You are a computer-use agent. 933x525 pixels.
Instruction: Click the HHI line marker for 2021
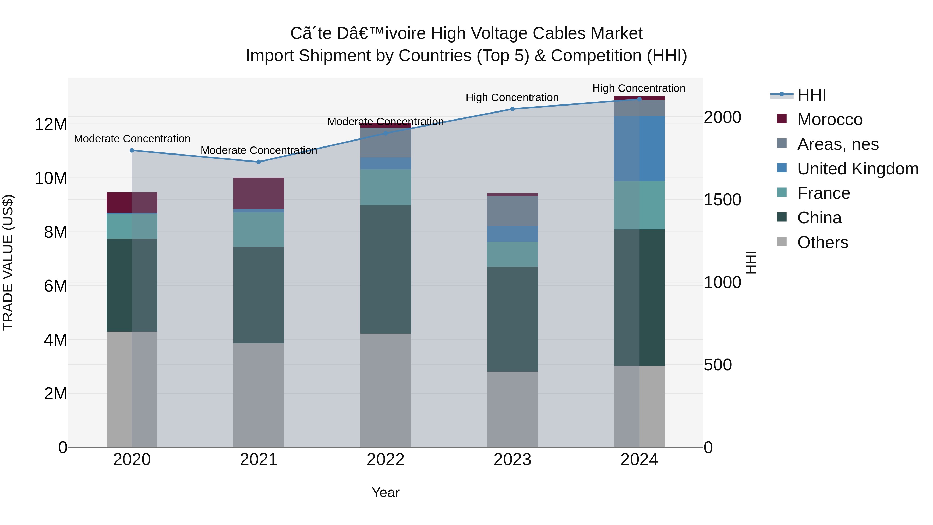pos(259,162)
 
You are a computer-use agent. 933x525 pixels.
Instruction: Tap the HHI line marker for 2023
pos(512,109)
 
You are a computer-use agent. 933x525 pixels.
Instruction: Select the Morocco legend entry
pos(829,120)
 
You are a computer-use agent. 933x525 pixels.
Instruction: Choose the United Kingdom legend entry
pos(857,169)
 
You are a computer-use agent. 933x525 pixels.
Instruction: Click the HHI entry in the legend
pos(811,95)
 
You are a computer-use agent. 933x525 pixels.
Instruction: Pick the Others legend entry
pos(822,242)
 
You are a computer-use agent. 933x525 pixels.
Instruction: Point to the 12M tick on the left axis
pos(51,124)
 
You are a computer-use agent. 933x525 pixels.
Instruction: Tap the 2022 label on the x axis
pos(385,460)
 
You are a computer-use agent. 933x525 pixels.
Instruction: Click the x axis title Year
pos(385,492)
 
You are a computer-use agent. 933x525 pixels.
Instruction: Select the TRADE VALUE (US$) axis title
pos(8,263)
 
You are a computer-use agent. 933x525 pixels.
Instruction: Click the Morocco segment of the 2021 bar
pos(259,193)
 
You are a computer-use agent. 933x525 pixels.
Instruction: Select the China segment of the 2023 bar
pos(512,319)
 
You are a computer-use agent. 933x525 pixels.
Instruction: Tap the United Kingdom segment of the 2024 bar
pos(639,149)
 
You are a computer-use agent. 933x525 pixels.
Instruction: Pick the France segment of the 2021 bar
pos(259,229)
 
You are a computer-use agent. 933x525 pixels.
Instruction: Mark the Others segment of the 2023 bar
pos(512,409)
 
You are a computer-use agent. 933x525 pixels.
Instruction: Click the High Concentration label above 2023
pos(512,97)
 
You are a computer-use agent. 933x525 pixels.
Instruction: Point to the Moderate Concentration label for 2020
pos(132,139)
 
